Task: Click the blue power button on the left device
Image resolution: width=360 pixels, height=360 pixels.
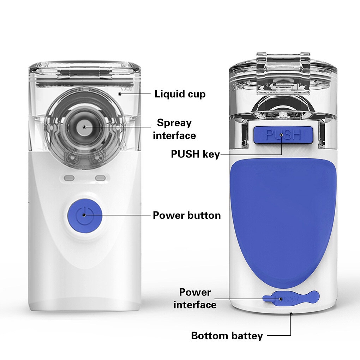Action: coord(84,215)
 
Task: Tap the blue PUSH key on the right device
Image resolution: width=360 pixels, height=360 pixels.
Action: coord(283,134)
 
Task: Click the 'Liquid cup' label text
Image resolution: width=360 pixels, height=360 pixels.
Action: coord(180,94)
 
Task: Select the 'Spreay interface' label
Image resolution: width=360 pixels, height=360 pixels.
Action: coord(174,129)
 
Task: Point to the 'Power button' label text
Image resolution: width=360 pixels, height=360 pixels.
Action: coord(187,215)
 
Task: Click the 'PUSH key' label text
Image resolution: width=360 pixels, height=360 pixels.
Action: coord(196,154)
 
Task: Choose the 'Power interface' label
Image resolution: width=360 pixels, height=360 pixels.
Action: coord(195,299)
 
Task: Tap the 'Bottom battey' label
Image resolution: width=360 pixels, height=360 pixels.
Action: coord(227,336)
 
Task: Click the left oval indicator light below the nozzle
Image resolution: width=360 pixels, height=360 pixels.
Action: coord(69,178)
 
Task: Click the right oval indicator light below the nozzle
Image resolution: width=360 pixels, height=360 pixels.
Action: coord(100,178)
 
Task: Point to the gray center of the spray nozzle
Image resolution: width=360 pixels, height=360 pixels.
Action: coord(84,127)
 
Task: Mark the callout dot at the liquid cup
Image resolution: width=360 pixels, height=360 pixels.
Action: coord(119,94)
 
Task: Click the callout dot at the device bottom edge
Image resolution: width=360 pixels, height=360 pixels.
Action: coord(291,313)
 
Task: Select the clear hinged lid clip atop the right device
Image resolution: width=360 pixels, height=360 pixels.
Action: coord(283,73)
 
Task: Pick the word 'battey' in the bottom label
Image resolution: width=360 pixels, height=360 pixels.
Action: coord(247,336)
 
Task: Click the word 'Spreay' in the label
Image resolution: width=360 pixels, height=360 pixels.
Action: coord(174,123)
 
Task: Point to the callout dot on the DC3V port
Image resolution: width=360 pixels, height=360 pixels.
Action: coord(281,299)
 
